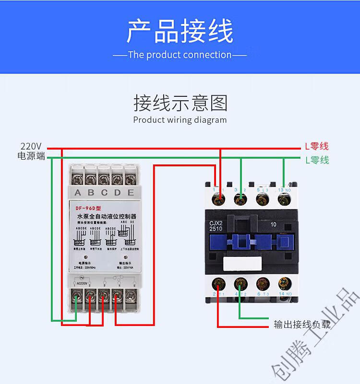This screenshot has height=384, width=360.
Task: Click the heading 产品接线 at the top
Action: (x=180, y=32)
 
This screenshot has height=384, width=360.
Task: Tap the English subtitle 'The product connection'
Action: (x=180, y=55)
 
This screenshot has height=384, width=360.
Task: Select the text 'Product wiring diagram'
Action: (x=180, y=120)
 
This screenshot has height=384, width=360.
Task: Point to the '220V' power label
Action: (x=31, y=146)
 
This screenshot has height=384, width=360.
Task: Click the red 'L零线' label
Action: (x=317, y=147)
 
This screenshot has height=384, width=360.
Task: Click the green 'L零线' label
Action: (x=317, y=160)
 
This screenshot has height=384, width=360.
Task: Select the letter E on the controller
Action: (x=131, y=193)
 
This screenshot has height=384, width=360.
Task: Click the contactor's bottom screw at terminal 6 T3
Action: (x=262, y=284)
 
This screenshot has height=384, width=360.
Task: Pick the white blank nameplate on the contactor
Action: (x=240, y=264)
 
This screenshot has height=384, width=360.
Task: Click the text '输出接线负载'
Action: (x=302, y=325)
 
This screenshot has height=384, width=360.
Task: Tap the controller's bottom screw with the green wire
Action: (x=77, y=297)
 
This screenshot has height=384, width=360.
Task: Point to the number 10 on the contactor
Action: (x=274, y=223)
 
